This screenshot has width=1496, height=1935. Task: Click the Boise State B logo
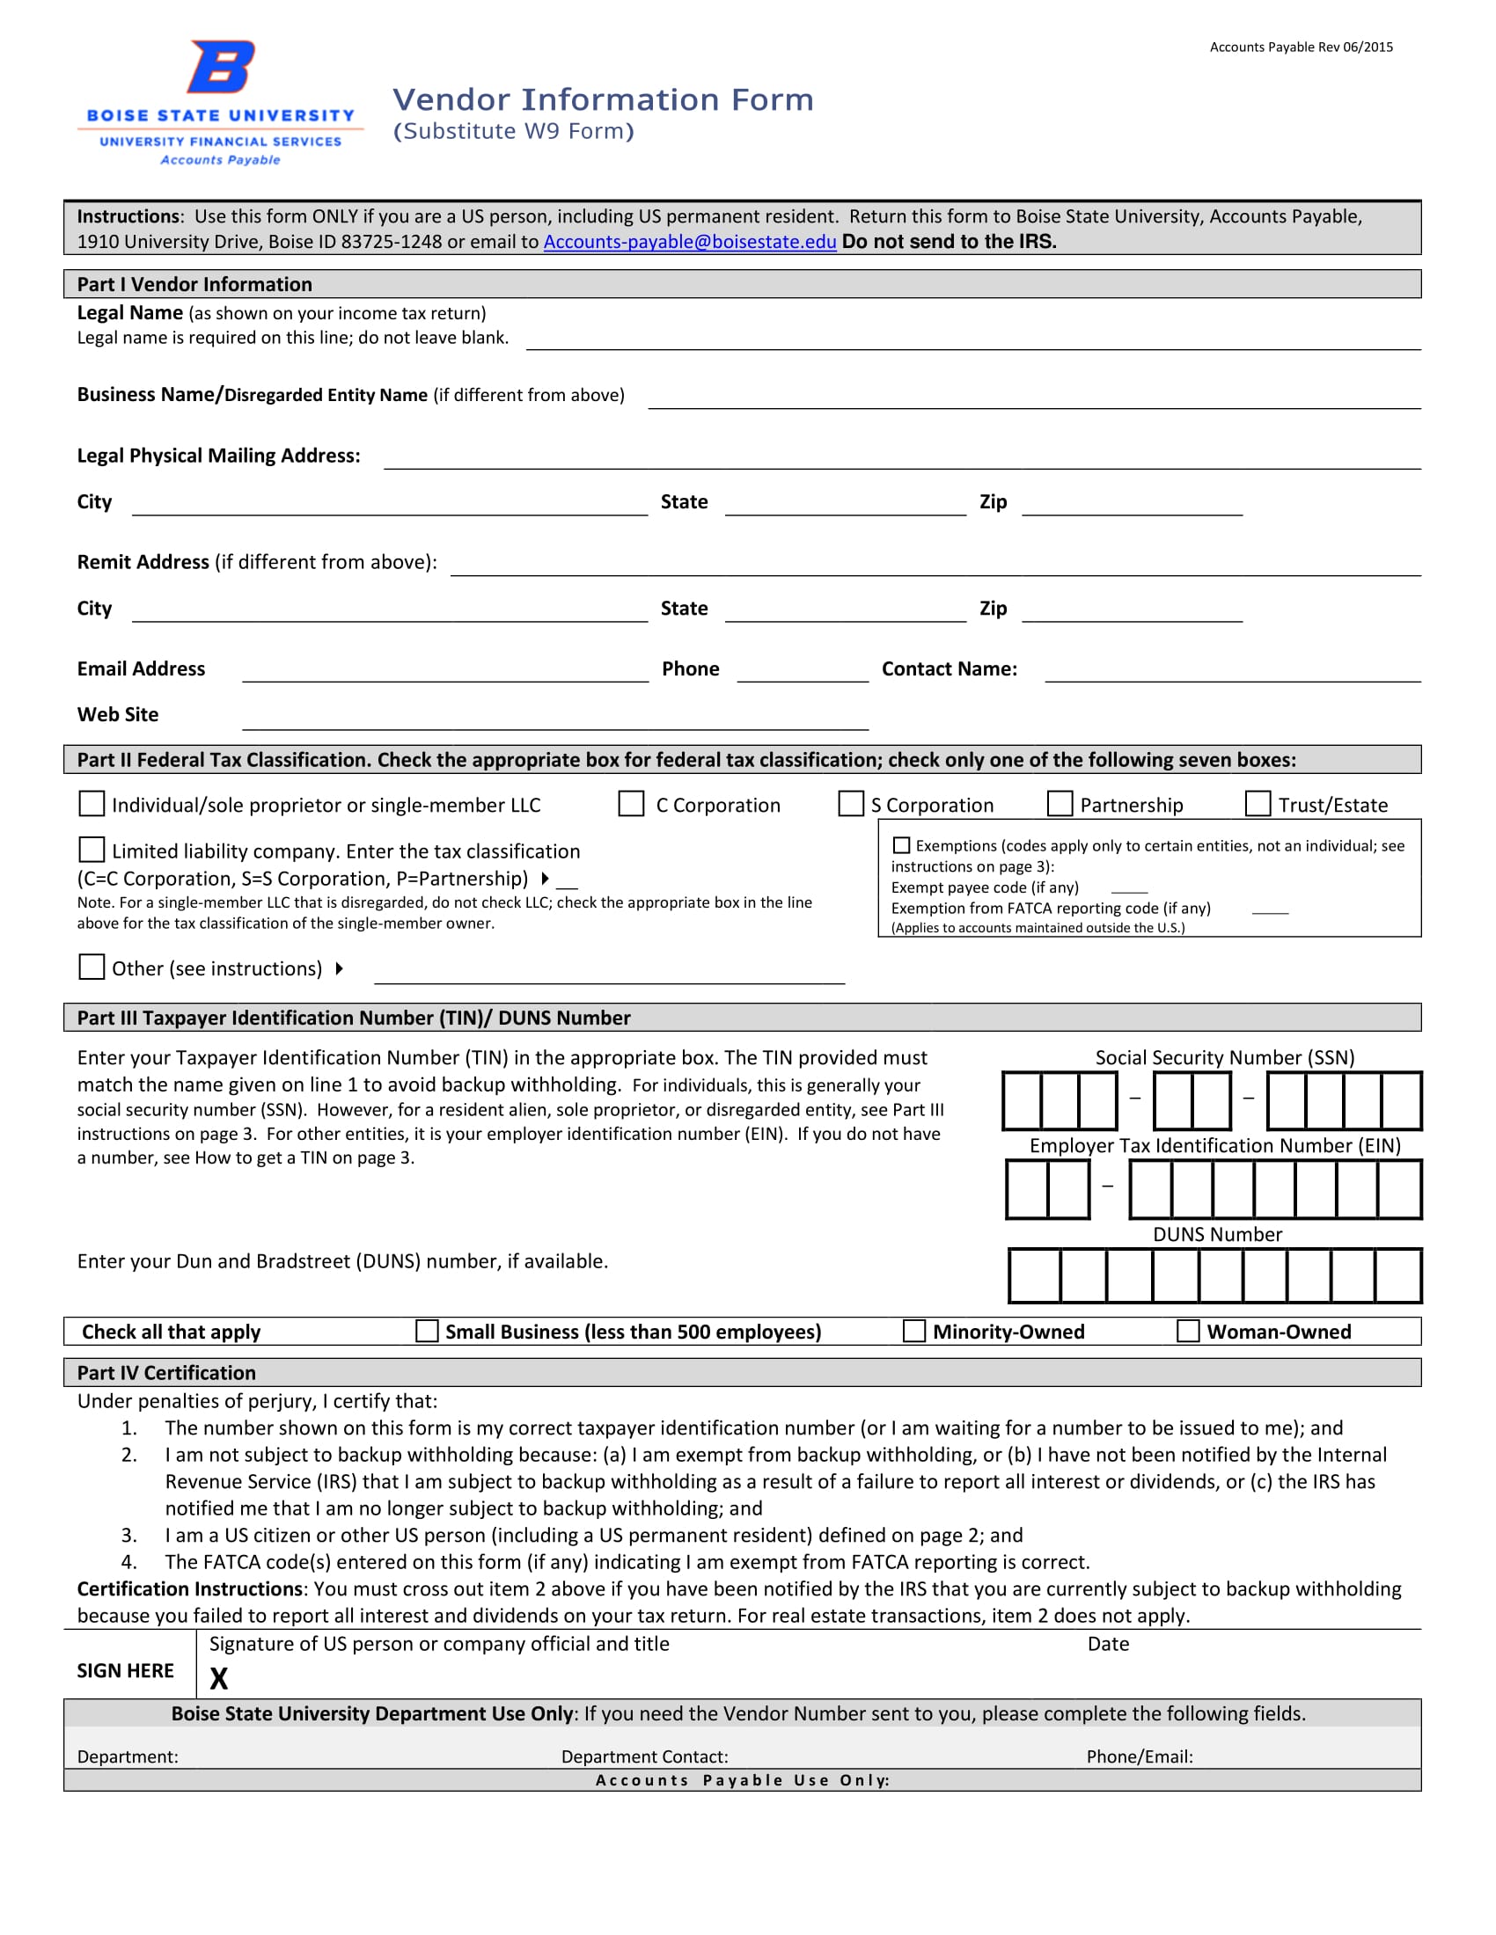(221, 67)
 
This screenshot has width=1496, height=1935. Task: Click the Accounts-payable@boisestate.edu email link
(690, 242)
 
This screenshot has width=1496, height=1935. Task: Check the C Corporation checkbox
(631, 804)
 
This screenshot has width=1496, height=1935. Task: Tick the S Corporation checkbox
(851, 804)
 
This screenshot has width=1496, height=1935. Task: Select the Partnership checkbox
(1060, 804)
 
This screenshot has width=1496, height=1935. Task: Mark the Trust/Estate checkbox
(1258, 804)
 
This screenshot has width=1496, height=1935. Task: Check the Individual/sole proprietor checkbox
(92, 804)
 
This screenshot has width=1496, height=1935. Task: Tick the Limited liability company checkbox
(92, 850)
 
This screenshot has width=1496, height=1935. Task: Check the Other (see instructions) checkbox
(92, 967)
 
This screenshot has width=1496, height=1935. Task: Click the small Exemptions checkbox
(901, 845)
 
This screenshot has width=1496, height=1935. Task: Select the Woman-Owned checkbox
(1189, 1331)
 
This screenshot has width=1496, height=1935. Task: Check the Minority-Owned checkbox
(913, 1331)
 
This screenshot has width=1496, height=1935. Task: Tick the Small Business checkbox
(427, 1331)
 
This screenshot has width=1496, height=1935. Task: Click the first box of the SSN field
(1022, 1100)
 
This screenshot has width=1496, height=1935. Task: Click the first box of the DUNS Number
(1034, 1276)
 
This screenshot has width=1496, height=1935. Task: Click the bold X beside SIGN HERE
(219, 1678)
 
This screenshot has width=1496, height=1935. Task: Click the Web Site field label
(118, 714)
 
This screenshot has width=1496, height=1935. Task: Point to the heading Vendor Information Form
(603, 99)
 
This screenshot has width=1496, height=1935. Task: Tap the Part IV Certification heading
(166, 1372)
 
